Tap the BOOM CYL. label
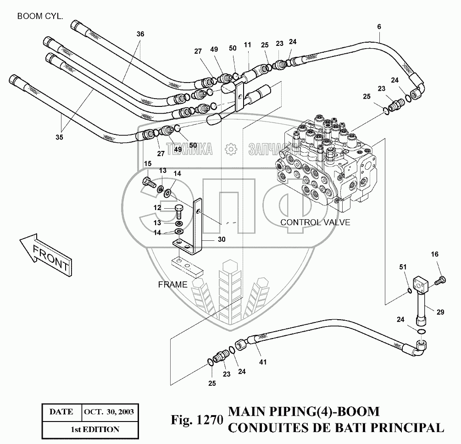[x=40, y=16]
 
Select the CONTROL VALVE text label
[x=315, y=222]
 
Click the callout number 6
[x=379, y=27]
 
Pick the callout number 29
[x=440, y=312]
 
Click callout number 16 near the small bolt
[x=435, y=254]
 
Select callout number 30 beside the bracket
[x=222, y=239]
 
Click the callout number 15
[x=148, y=164]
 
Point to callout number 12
[x=157, y=208]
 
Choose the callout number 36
[x=140, y=34]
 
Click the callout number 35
[x=60, y=137]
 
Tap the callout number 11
[x=248, y=45]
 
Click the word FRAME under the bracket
[x=172, y=284]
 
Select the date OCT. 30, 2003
[x=109, y=411]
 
